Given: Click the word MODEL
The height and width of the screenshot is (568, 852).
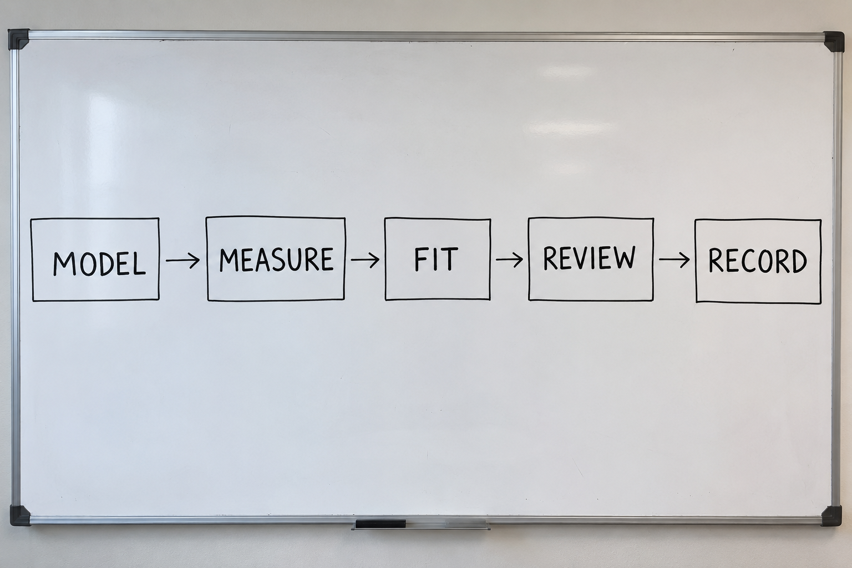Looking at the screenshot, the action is (x=99, y=263).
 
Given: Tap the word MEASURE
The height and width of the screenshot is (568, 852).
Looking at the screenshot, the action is (x=277, y=260).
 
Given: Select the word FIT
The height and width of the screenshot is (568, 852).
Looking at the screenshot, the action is (x=436, y=260).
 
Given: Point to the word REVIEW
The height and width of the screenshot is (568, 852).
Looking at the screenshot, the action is (x=589, y=258).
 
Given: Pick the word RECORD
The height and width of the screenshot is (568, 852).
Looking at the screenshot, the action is (x=758, y=261).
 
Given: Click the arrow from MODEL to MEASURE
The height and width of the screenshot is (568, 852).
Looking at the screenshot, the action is (x=182, y=261).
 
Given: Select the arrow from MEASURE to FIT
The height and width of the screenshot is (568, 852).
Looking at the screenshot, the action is (x=365, y=260).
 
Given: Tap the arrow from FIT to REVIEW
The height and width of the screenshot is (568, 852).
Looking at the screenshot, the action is (x=509, y=260).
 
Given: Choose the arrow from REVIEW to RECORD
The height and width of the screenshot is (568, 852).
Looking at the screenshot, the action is (x=674, y=260).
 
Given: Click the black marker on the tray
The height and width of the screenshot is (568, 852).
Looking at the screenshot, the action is (x=381, y=524).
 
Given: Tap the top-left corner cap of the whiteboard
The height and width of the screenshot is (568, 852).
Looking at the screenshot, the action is (x=18, y=38).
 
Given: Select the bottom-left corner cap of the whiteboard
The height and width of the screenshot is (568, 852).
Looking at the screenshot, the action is (x=20, y=515).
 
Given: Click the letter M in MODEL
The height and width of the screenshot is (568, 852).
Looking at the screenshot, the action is (x=64, y=263).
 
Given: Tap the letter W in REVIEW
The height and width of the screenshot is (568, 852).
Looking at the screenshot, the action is (x=623, y=258).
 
